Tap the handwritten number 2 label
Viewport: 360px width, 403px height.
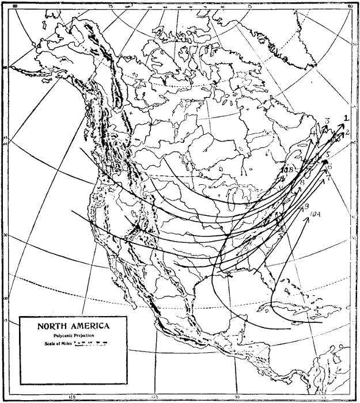[348, 133]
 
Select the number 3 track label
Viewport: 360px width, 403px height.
[327, 120]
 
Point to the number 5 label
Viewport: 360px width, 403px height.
[327, 155]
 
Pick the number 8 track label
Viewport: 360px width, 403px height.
[302, 183]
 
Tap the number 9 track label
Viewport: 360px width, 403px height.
[307, 206]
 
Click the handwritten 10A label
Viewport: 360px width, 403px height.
[316, 216]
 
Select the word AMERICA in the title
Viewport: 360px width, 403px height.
[90, 326]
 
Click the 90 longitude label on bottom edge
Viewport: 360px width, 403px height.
[238, 397]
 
